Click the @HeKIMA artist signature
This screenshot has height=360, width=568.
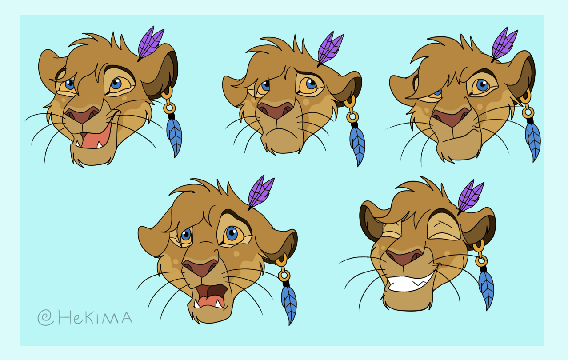[85, 317]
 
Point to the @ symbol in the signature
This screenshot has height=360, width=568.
[46, 317]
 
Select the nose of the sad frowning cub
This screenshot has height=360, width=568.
[276, 110]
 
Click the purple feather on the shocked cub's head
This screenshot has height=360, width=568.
[261, 192]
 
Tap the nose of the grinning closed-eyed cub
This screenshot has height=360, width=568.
[404, 256]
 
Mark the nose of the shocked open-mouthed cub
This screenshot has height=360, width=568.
[200, 268]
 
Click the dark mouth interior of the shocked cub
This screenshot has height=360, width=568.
[212, 291]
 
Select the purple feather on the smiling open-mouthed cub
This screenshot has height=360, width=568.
[151, 43]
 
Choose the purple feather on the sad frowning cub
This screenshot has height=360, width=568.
[330, 49]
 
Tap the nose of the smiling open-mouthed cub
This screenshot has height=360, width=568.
[82, 115]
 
